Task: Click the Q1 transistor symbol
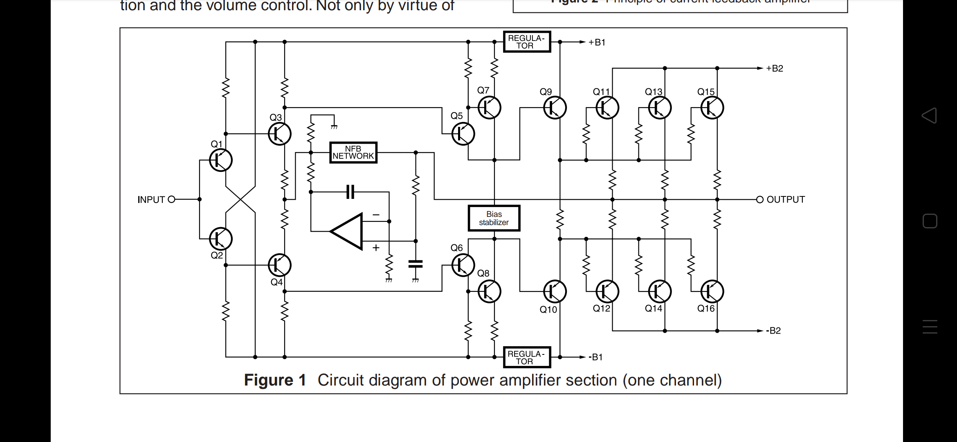pyautogui.click(x=221, y=160)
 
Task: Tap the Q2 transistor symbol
pyautogui.click(x=221, y=239)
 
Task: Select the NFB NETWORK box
pyautogui.click(x=353, y=153)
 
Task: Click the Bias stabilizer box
pyautogui.click(x=494, y=218)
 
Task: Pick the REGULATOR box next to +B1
pyautogui.click(x=527, y=42)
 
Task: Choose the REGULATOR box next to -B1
pyautogui.click(x=527, y=357)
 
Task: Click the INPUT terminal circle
pyautogui.click(x=172, y=199)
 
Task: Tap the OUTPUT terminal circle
pyautogui.click(x=759, y=200)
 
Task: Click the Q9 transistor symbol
pyautogui.click(x=555, y=108)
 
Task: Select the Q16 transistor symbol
pyautogui.click(x=712, y=291)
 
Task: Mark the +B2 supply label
pyautogui.click(x=775, y=68)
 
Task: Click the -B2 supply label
pyautogui.click(x=774, y=331)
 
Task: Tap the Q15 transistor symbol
pyautogui.click(x=712, y=108)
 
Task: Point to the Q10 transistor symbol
pyautogui.click(x=555, y=291)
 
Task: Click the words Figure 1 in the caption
pyautogui.click(x=275, y=380)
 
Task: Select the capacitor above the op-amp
pyautogui.click(x=350, y=192)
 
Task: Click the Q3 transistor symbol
pyautogui.click(x=280, y=134)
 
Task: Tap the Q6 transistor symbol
pyautogui.click(x=463, y=265)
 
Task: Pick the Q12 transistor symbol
pyautogui.click(x=607, y=291)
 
